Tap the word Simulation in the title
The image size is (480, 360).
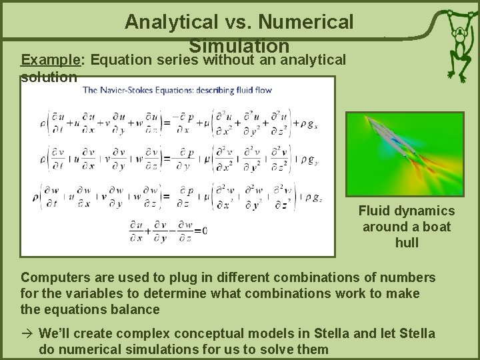coord(239,45)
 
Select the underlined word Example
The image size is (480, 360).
coord(51,61)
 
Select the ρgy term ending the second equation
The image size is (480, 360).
coord(308,160)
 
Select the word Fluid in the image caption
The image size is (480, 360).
coord(373,211)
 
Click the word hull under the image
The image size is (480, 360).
coord(407,243)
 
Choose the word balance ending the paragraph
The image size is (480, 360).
coord(136,309)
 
